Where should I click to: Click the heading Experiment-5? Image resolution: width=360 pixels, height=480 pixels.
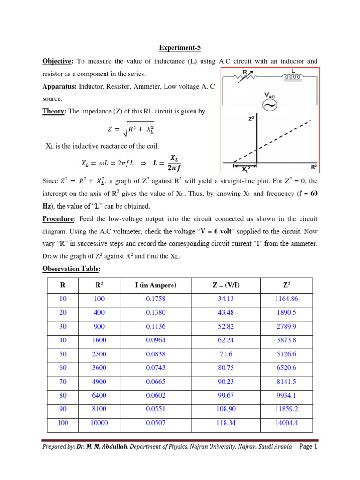pos(180,47)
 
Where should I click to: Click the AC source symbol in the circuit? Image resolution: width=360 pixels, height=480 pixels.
pos(270,105)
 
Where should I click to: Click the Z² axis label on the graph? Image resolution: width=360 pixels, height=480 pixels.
pos(251,120)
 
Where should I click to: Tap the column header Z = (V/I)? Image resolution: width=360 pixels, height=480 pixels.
pos(226,285)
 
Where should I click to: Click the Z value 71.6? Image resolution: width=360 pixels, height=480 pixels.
pos(226,354)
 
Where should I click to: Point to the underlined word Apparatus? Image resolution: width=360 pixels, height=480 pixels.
pos(60,86)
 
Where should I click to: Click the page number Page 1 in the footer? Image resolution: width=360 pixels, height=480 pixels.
pos(308,447)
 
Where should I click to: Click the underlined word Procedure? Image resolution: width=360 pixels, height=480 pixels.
pos(60,219)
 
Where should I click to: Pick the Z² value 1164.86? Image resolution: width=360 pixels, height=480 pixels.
pos(287,299)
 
